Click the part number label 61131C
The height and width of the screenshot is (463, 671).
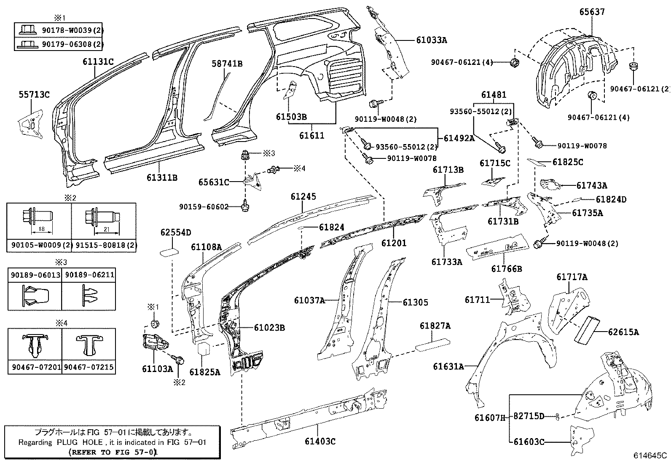tap(98, 62)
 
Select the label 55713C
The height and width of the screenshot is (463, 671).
tap(34, 94)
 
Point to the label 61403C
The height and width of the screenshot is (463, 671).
tap(320, 441)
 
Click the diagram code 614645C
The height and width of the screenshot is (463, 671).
tap(649, 455)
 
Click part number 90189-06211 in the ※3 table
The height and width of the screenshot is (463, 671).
tap(88, 275)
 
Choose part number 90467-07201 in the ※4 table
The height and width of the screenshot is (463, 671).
tap(35, 367)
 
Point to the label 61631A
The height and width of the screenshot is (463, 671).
tap(448, 367)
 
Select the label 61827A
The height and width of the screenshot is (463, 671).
tap(435, 326)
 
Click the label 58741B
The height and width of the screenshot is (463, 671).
tap(227, 64)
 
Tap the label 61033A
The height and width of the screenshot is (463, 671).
tap(431, 40)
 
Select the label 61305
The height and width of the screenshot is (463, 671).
tap(415, 302)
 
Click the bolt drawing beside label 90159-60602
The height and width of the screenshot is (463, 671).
tap(245, 206)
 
